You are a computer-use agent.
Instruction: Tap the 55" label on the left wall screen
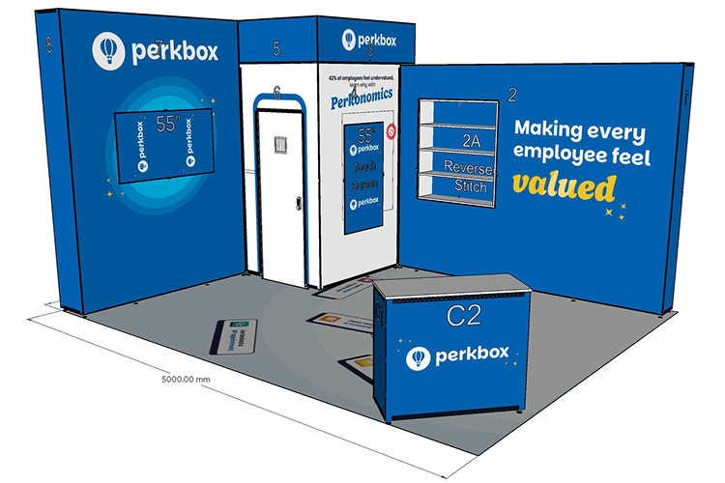pos(168,124)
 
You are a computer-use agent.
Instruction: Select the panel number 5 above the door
pos(276,47)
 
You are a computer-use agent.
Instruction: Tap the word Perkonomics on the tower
pos(362,99)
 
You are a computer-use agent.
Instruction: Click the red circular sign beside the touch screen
pos(391,128)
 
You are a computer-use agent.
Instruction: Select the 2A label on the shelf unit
pos(471,140)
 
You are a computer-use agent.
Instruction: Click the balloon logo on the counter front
pos(419,358)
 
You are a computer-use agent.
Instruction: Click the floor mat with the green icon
pos(232,336)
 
